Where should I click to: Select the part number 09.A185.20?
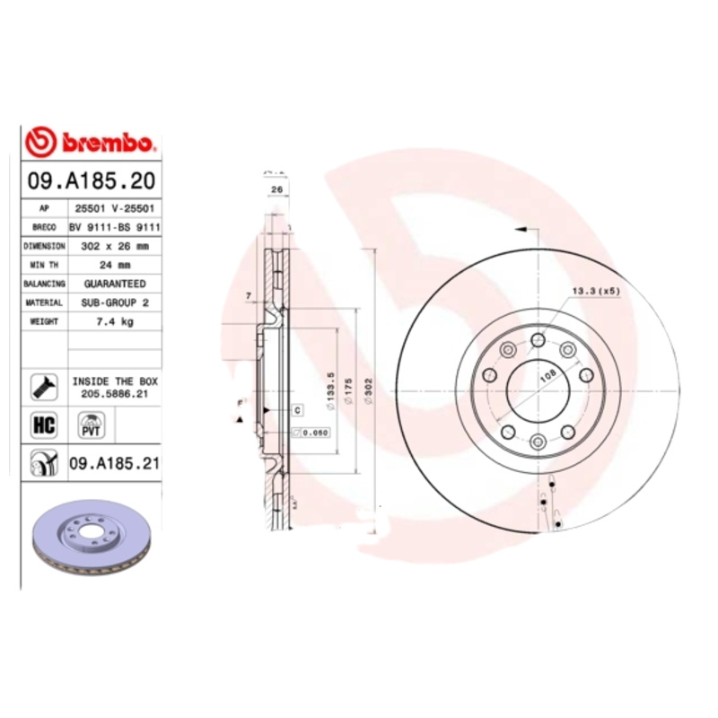[x=90, y=180]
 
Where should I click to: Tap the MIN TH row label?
[x=44, y=265]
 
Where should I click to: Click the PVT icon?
[x=90, y=425]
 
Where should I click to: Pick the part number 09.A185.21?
[x=115, y=463]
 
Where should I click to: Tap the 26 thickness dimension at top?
[x=276, y=191]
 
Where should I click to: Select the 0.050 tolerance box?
[x=311, y=433]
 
